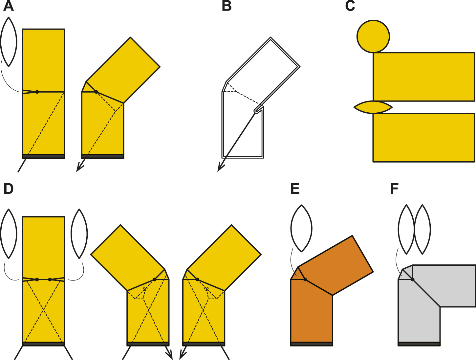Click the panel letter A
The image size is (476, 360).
(x=9, y=6)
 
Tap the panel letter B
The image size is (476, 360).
(x=227, y=6)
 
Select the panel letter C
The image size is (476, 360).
(x=350, y=6)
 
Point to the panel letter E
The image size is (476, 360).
(x=295, y=189)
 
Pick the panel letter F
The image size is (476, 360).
(x=394, y=189)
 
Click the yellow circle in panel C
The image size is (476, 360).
(x=373, y=36)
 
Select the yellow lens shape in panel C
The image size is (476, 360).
(x=373, y=107)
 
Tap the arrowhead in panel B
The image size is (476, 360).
(x=220, y=168)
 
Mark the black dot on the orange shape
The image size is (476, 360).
(x=305, y=280)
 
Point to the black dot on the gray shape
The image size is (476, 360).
(x=412, y=280)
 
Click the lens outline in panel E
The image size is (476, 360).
(x=301, y=228)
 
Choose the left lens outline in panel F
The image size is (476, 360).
(x=406, y=229)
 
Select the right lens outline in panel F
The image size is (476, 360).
(x=422, y=229)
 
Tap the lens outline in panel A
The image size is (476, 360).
(x=9, y=42)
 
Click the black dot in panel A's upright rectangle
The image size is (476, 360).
(x=37, y=92)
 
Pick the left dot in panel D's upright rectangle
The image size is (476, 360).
(x=37, y=280)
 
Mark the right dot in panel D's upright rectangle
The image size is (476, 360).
(x=50, y=280)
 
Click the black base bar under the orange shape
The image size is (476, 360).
(x=312, y=344)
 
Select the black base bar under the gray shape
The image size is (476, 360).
(x=419, y=344)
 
